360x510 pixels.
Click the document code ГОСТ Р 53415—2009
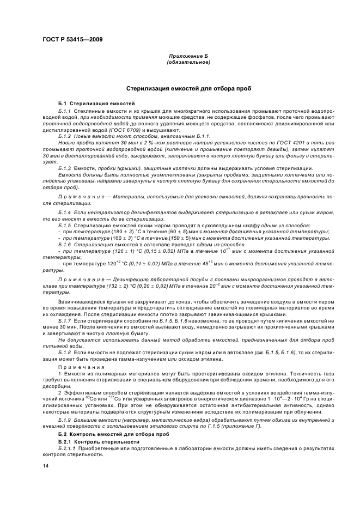point(72,39)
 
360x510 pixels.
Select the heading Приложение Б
point(188,57)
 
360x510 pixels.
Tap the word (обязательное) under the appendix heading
point(188,63)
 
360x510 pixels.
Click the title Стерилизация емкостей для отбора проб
point(188,88)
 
